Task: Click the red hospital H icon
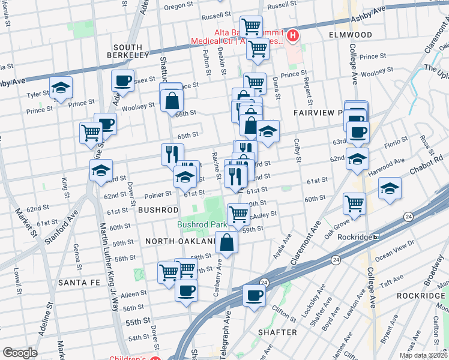[x=293, y=35]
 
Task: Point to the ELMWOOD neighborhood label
[x=351, y=35]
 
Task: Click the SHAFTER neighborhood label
[x=277, y=332]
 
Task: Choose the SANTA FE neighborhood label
[x=79, y=282]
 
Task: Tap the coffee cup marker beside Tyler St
[x=123, y=80]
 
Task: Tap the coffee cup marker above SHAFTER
[x=255, y=295]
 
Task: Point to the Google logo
[x=20, y=353]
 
